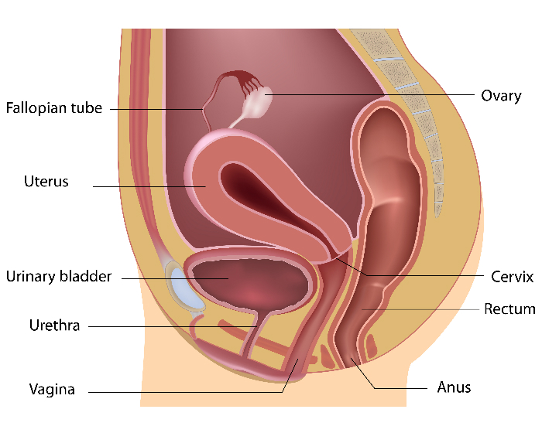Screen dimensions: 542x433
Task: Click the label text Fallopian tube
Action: click(54, 108)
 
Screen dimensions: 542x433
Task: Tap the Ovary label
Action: click(501, 96)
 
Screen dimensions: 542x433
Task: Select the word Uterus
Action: click(46, 181)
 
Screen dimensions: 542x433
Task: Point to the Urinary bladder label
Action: click(59, 277)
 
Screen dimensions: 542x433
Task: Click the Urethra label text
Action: click(55, 326)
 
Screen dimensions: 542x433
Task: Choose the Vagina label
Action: click(52, 390)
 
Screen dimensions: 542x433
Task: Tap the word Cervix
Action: click(513, 277)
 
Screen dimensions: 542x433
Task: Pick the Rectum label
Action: click(509, 309)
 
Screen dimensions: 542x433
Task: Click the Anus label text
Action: click(454, 387)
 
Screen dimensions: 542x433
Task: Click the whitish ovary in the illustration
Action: click(257, 103)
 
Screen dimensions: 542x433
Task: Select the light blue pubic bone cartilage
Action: click(185, 288)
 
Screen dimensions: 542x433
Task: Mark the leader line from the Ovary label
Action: click(369, 94)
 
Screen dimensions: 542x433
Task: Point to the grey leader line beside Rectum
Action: click(420, 309)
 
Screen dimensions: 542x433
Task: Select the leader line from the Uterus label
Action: click(149, 186)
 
